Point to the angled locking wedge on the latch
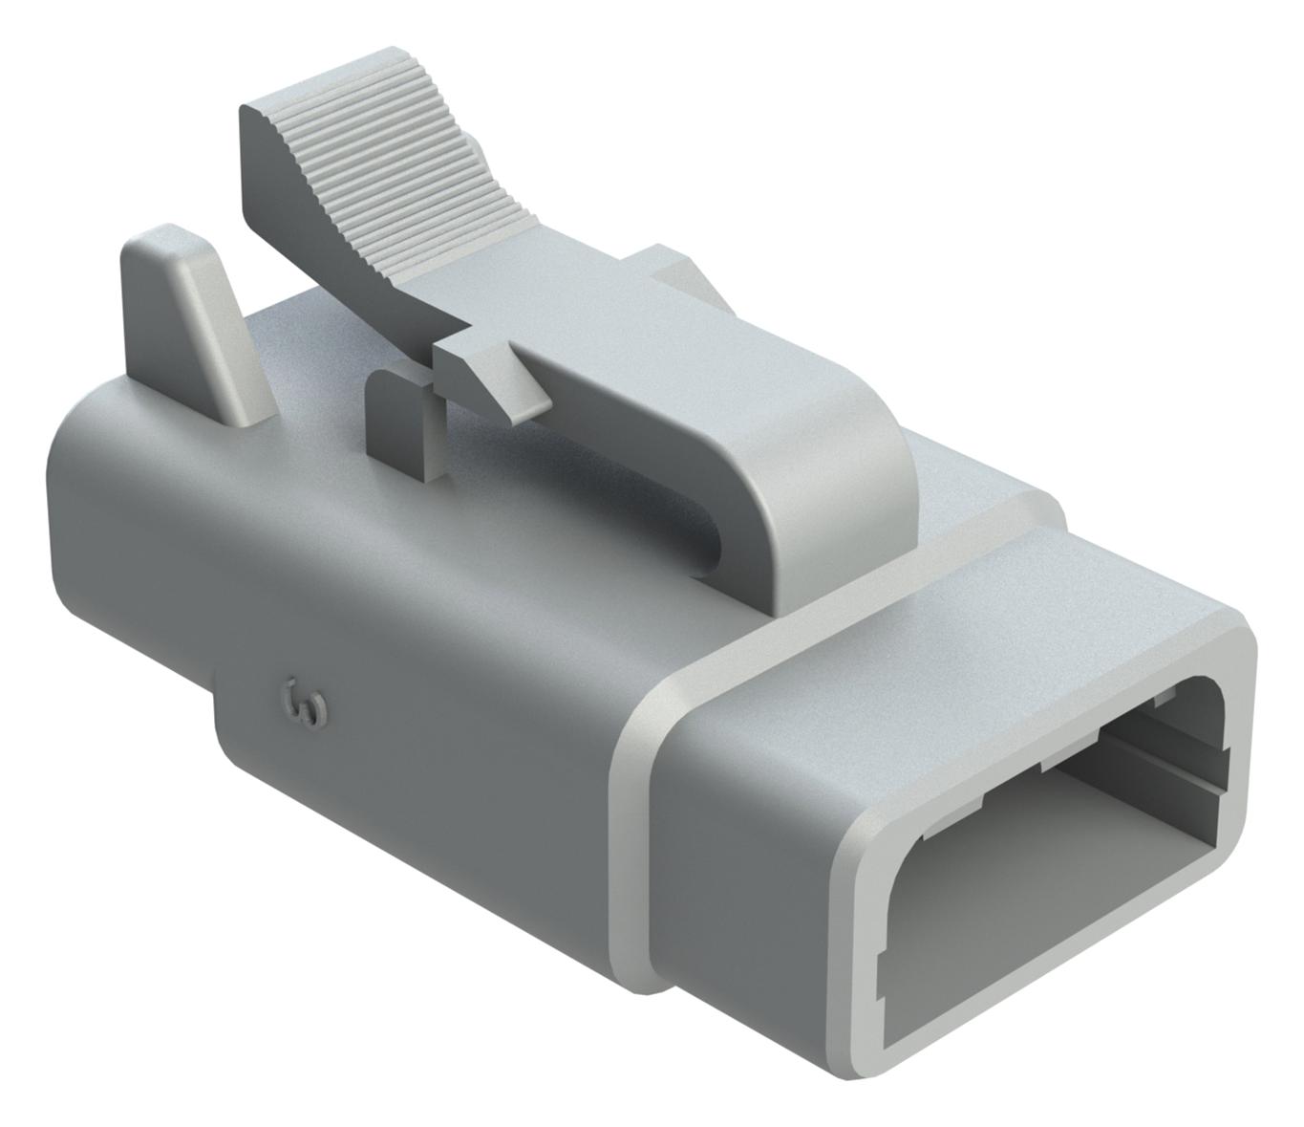click(x=497, y=378)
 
